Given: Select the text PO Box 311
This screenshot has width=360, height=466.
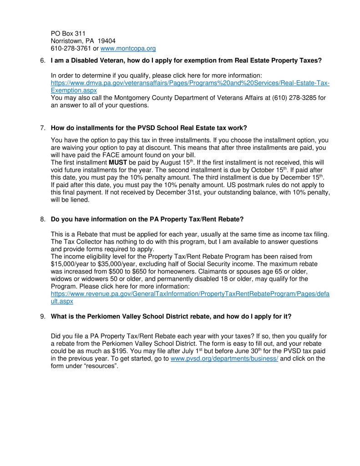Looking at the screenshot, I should [x=68, y=33].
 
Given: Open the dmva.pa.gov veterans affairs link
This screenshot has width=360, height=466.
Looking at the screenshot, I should [x=190, y=83].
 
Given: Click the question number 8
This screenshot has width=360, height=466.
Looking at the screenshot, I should [x=42, y=219].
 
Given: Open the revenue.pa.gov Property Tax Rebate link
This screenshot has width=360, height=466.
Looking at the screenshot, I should [x=190, y=294].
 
